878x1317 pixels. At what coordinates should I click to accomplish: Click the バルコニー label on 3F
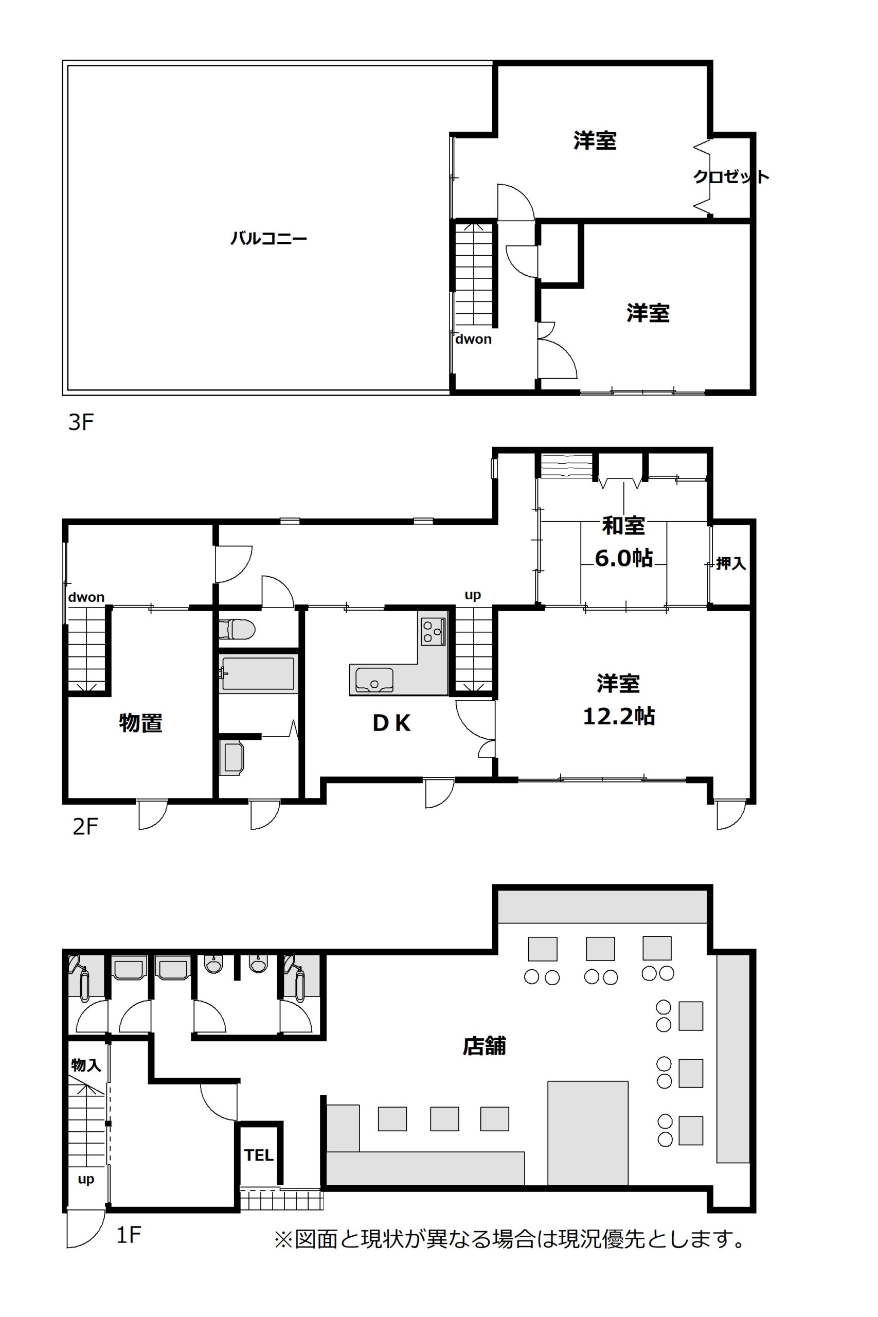[269, 239]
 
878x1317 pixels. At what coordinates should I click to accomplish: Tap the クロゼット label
[731, 177]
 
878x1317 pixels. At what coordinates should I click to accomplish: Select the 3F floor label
[81, 422]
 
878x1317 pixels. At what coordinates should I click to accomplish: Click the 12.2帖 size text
[619, 716]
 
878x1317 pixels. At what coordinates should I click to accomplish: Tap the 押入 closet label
[731, 563]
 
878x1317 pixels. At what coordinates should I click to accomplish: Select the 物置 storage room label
[140, 723]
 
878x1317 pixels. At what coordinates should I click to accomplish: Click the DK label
[391, 723]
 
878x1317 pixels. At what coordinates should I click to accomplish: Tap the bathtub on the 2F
[258, 673]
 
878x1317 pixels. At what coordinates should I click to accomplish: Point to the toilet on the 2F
[236, 629]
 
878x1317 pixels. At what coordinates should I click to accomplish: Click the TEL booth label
[259, 1155]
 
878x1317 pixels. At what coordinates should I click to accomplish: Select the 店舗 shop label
[485, 1045]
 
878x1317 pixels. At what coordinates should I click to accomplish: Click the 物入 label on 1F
[86, 1065]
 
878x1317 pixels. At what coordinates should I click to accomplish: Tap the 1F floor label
[128, 1234]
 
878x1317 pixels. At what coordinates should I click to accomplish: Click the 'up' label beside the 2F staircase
[473, 595]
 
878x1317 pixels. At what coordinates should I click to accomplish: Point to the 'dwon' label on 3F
[473, 339]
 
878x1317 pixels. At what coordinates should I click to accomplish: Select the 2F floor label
[85, 827]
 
